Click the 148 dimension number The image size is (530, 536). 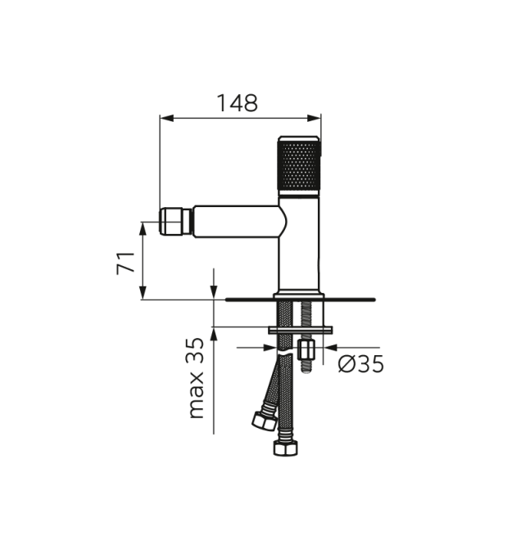tap(238, 103)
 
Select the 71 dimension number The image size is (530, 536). tap(125, 263)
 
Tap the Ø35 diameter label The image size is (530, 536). tap(361, 364)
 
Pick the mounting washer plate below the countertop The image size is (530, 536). tap(301, 329)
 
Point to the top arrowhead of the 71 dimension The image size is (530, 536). tap(143, 227)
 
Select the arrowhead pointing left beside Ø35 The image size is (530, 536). tap(326, 347)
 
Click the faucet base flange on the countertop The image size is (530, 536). tap(300, 294)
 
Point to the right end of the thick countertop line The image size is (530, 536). tap(374, 300)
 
